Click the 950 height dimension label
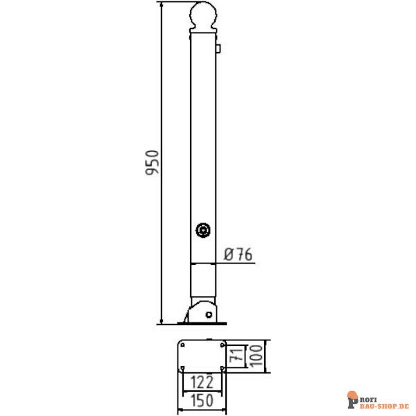(153, 162)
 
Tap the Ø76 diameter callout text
(236, 255)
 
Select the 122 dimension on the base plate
(201, 381)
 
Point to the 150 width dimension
(201, 400)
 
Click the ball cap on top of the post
(203, 17)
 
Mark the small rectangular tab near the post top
(218, 49)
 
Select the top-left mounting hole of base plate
(182, 344)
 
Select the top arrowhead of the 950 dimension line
(161, 6)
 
